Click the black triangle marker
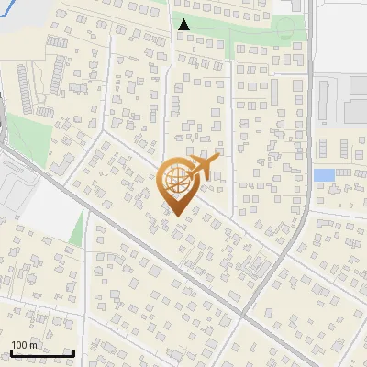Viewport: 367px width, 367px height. tap(183, 25)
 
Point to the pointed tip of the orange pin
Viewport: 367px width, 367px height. tap(177, 216)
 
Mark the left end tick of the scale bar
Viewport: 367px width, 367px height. tap(11, 353)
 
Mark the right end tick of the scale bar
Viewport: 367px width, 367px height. tap(73, 353)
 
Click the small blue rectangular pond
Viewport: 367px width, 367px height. tap(323, 174)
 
